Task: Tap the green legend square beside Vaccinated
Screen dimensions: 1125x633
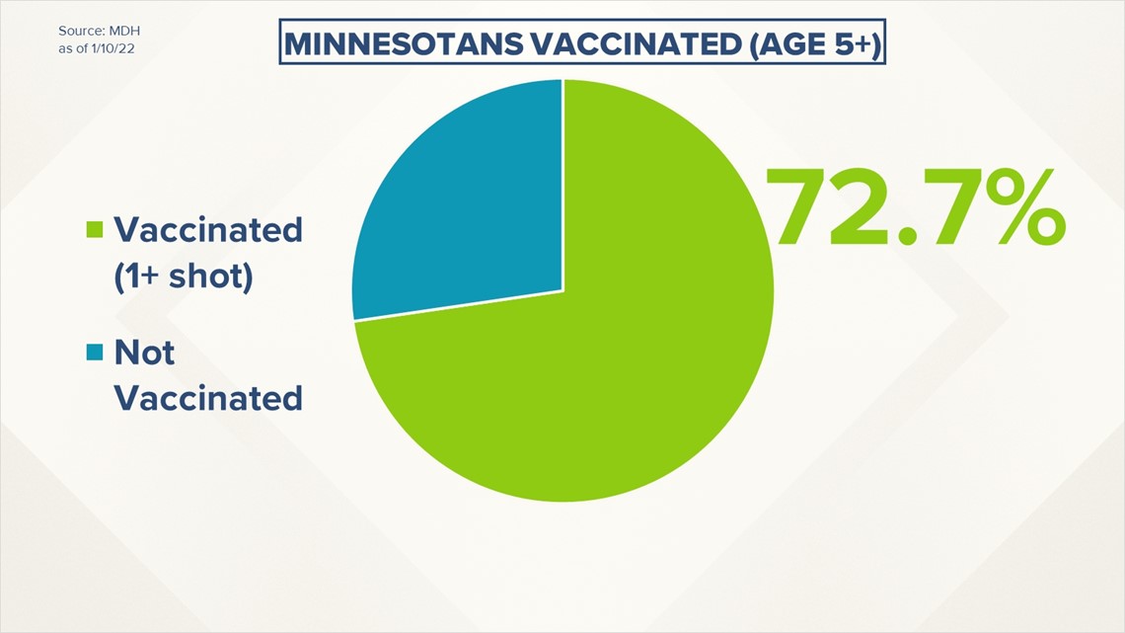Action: (95, 230)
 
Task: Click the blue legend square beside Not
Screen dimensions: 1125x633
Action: (95, 353)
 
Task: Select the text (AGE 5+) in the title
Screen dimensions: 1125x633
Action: (815, 44)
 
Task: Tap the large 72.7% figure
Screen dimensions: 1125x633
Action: (916, 207)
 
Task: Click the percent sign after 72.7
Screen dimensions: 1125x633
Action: (1017, 207)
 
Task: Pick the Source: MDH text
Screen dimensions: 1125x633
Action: (99, 31)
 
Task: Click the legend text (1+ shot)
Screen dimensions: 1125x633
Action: (184, 277)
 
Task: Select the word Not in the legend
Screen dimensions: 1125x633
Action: (144, 353)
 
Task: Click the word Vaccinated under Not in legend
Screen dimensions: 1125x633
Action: (209, 398)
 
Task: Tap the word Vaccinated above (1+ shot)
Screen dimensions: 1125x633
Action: (209, 230)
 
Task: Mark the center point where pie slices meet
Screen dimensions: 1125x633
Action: (562, 290)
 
